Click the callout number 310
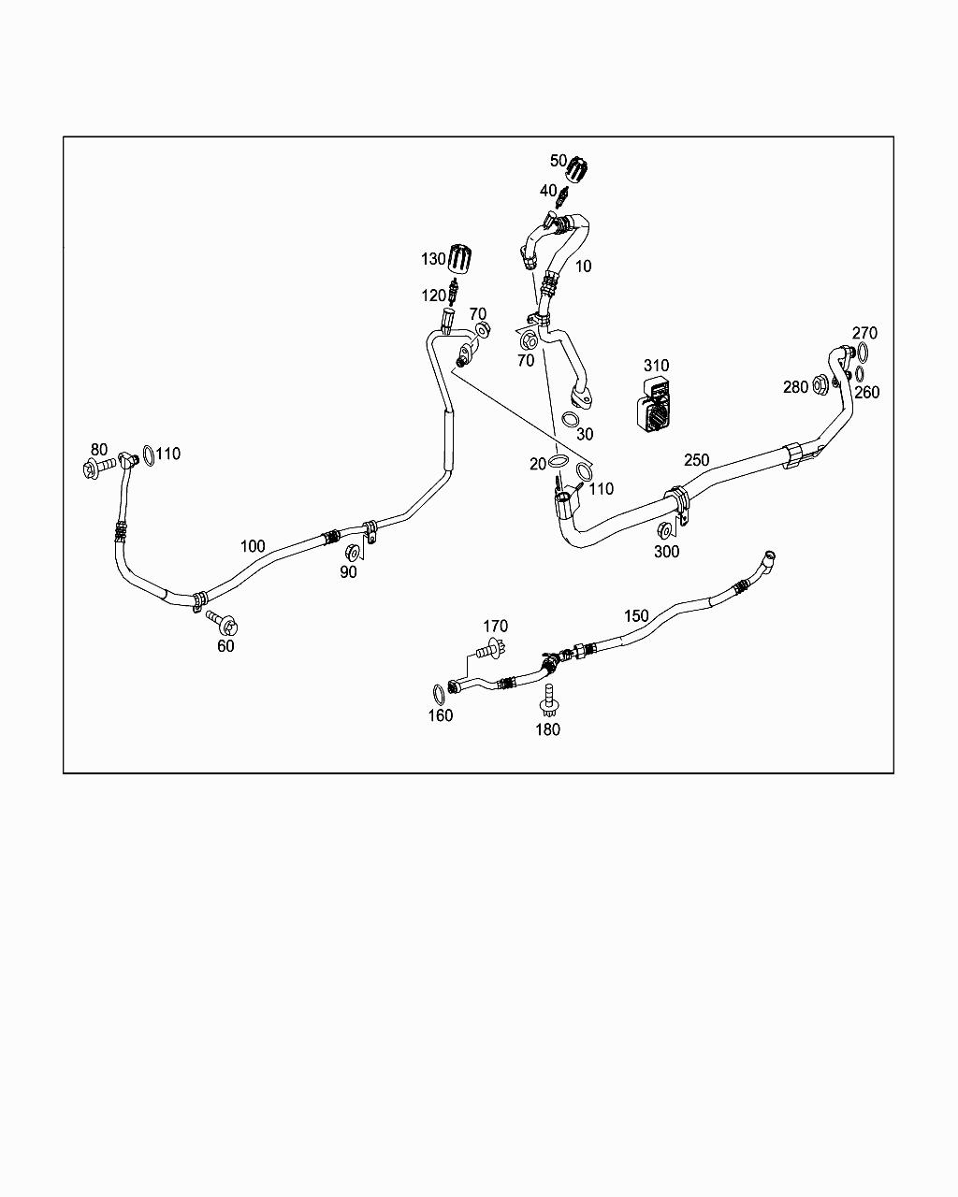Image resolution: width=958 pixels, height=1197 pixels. (x=656, y=366)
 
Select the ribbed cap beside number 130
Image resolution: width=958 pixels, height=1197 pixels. (x=462, y=257)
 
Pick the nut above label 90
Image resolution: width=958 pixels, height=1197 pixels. (x=353, y=551)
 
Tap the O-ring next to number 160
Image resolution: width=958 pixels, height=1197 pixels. (x=439, y=693)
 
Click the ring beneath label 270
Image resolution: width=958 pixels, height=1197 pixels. (x=862, y=353)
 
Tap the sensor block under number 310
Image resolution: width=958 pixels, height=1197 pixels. (x=655, y=406)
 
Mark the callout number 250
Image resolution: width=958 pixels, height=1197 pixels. (x=696, y=460)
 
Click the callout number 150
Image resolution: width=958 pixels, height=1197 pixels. (x=636, y=615)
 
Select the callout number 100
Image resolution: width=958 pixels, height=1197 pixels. (x=253, y=546)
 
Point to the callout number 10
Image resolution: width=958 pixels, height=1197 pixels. (x=583, y=267)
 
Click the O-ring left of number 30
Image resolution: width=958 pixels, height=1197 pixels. (x=569, y=420)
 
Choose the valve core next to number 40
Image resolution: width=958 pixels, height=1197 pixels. (x=562, y=198)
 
